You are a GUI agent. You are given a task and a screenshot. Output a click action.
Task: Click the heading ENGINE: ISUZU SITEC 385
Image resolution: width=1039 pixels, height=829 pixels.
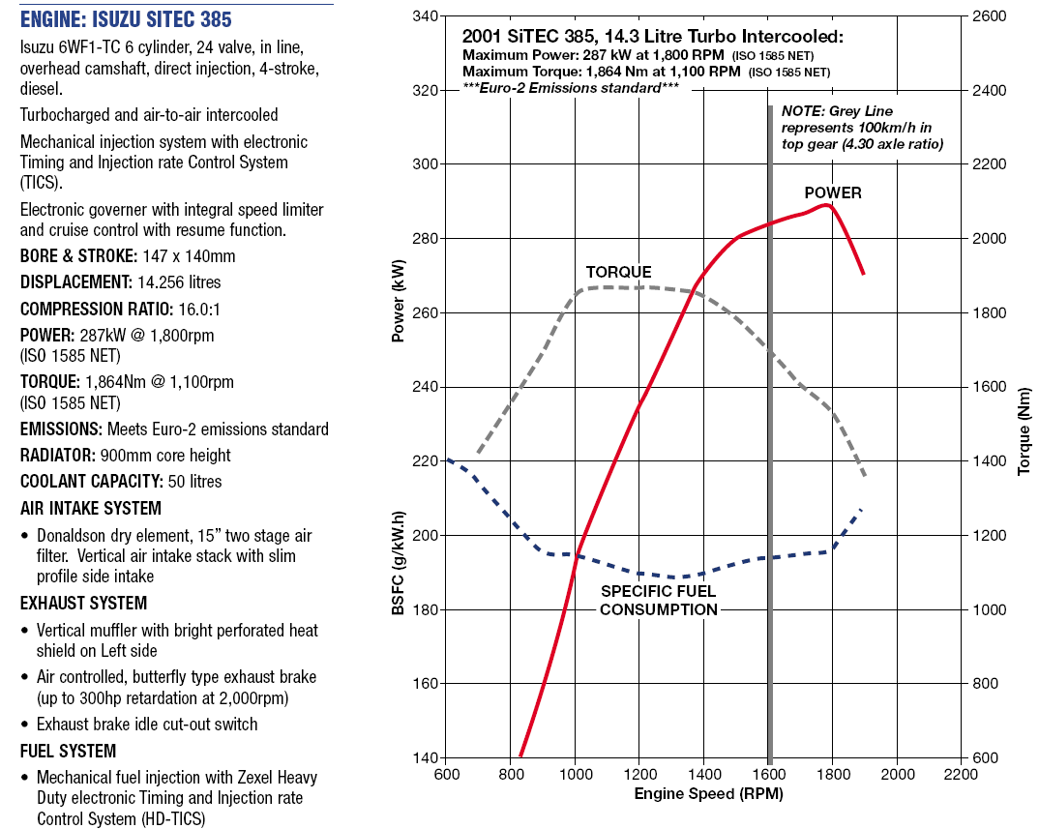tap(126, 19)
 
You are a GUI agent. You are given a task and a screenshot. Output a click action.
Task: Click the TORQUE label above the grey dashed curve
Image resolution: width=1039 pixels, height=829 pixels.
tap(618, 273)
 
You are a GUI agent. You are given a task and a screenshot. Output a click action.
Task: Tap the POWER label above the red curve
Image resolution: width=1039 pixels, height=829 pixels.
tap(833, 192)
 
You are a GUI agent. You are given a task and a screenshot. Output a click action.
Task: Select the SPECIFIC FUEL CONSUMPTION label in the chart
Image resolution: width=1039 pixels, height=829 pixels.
tap(659, 601)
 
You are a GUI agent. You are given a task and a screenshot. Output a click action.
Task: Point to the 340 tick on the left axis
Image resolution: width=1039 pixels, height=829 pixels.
tap(425, 15)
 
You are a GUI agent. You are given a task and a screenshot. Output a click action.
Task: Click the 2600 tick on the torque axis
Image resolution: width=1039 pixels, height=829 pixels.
tap(989, 15)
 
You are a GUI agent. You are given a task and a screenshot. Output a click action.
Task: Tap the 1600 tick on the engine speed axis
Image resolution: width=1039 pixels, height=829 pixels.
tap(769, 774)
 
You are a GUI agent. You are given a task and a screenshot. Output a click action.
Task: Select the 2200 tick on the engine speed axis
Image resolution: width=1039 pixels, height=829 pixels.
tap(961, 774)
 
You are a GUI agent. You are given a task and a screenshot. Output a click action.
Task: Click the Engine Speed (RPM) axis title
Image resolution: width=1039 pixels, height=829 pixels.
tap(708, 794)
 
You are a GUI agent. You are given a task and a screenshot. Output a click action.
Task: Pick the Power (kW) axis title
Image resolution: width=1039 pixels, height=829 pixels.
tap(398, 300)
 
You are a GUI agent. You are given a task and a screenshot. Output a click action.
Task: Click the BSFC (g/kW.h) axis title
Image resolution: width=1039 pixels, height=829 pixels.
tap(398, 563)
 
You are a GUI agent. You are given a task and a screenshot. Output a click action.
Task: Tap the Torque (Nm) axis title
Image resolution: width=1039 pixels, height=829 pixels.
tap(1024, 431)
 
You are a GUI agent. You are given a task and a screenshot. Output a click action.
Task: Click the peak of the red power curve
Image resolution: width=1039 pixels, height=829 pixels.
tap(826, 205)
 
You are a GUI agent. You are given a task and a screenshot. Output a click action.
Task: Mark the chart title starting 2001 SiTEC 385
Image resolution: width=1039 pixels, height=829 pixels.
tap(653, 37)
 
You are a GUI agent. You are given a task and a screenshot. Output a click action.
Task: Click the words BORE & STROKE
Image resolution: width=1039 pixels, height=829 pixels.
tap(79, 256)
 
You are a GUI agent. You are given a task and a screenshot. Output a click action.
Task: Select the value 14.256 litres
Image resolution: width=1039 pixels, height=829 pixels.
tap(179, 282)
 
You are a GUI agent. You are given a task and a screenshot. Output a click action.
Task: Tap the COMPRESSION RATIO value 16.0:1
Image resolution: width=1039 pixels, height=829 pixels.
tap(199, 310)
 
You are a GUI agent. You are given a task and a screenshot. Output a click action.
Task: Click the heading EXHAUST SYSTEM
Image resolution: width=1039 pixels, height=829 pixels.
tap(83, 603)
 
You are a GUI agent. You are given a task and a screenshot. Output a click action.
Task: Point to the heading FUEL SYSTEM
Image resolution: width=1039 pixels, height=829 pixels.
tap(69, 751)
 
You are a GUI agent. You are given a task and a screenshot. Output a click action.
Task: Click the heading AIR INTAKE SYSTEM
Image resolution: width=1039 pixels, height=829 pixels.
tap(91, 508)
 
